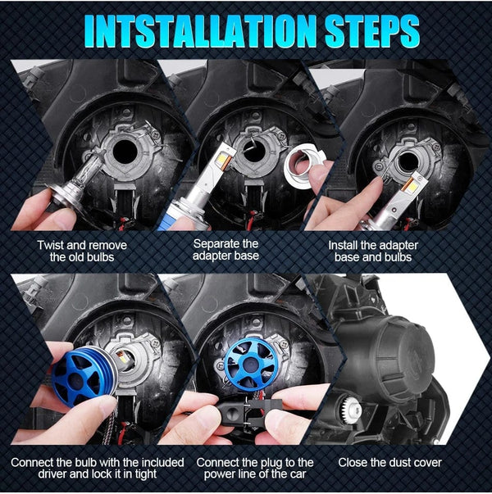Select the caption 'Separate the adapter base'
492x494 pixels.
(x=225, y=250)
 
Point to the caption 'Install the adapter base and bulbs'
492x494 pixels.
(x=378, y=250)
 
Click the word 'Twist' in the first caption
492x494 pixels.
(x=52, y=244)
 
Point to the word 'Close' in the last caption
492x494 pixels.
(x=355, y=463)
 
